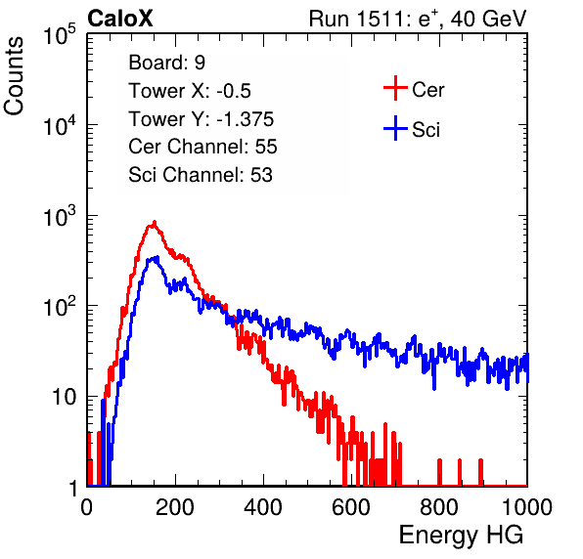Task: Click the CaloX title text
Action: pos(120,19)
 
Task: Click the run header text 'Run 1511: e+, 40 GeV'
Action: pos(418,19)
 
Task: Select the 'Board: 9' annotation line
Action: pos(166,63)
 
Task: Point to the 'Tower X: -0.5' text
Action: pos(190,91)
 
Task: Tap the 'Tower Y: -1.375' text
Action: pos(202,119)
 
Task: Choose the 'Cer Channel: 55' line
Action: pos(202,147)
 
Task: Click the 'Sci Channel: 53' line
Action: pos(201,175)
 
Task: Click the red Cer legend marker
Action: pos(395,88)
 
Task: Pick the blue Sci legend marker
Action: pos(395,128)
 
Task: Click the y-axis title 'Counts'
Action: pos(14,76)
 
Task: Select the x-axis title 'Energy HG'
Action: pos(461,536)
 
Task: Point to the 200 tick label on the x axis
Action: pos(175,507)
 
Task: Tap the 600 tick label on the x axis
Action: pos(351,507)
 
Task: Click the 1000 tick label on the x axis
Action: pos(527,507)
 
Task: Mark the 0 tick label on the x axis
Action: pos(87,507)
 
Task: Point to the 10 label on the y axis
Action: pos(64,398)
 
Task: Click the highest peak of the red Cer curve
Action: pos(155,222)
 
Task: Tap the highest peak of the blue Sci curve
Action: pos(157,257)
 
